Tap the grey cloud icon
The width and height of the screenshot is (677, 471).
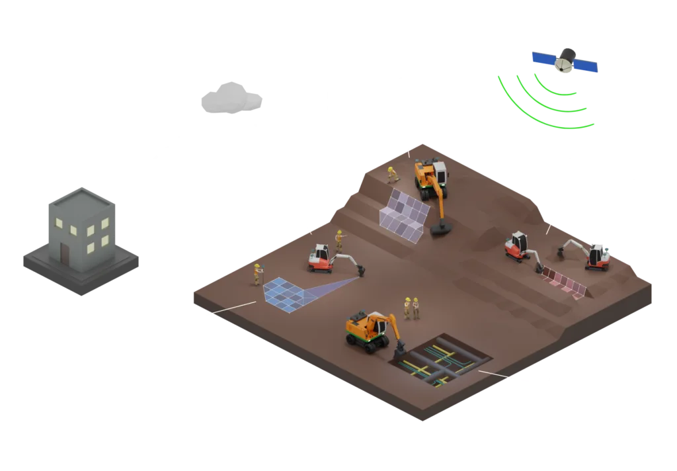tap(231, 99)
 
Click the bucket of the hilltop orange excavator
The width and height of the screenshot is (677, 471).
tap(441, 229)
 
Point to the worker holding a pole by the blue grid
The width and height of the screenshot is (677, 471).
tap(257, 274)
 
